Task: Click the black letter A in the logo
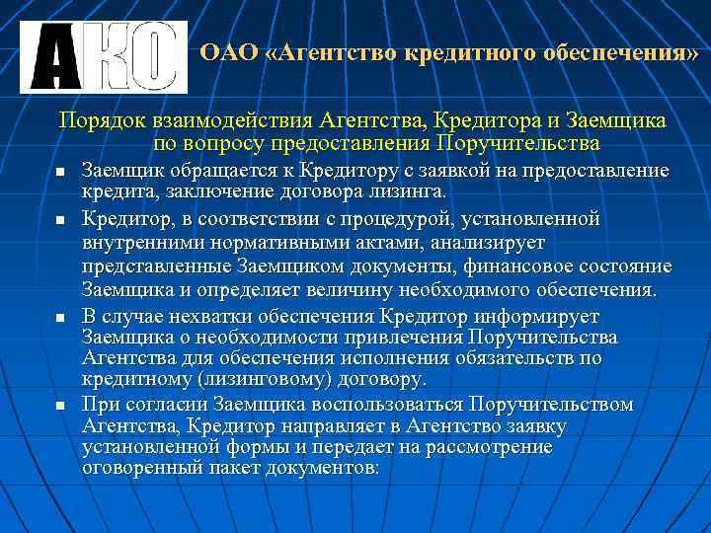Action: tap(54, 58)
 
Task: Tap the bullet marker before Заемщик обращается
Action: tap(59, 172)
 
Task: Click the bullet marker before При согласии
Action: tap(59, 406)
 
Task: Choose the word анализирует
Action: tap(489, 242)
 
